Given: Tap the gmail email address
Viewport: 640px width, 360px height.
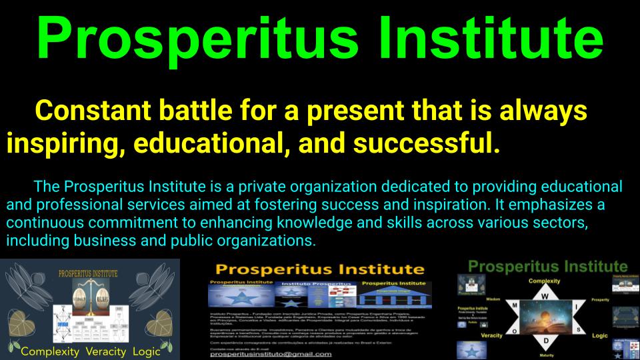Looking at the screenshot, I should click(271, 353).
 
